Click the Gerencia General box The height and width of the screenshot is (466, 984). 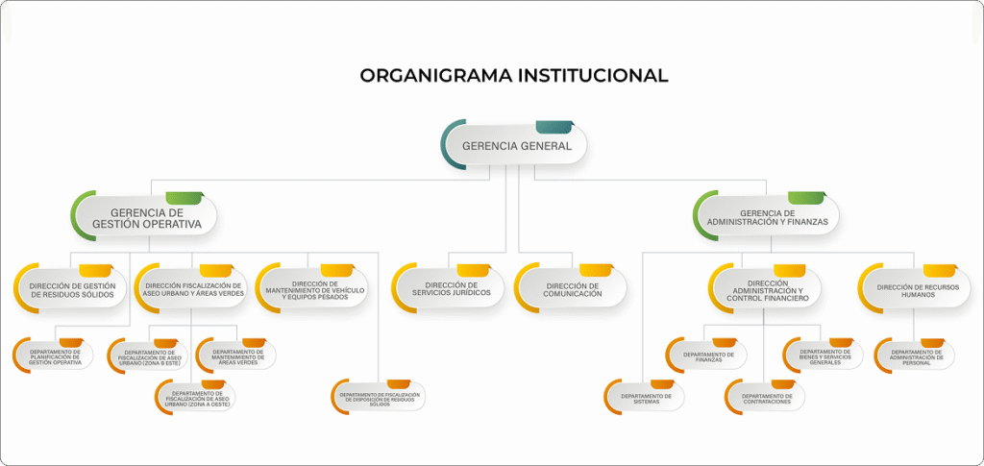(x=516, y=146)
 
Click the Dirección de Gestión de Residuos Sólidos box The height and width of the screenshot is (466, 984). (x=72, y=289)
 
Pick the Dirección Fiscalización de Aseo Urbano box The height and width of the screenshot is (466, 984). (x=192, y=289)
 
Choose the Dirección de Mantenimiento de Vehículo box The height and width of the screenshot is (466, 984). (x=313, y=289)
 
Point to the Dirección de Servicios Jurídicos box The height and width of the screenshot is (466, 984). (x=451, y=289)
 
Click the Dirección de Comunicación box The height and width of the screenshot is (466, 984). (x=573, y=289)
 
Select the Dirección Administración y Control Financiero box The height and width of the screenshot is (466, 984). (x=767, y=290)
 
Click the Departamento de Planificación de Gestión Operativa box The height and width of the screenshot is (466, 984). (x=55, y=357)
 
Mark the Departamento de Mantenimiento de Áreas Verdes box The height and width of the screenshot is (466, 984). (x=236, y=357)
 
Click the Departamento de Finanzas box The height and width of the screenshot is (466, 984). (x=708, y=356)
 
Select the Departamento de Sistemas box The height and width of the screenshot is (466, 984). (x=646, y=397)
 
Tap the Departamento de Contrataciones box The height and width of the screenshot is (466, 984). (x=767, y=397)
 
